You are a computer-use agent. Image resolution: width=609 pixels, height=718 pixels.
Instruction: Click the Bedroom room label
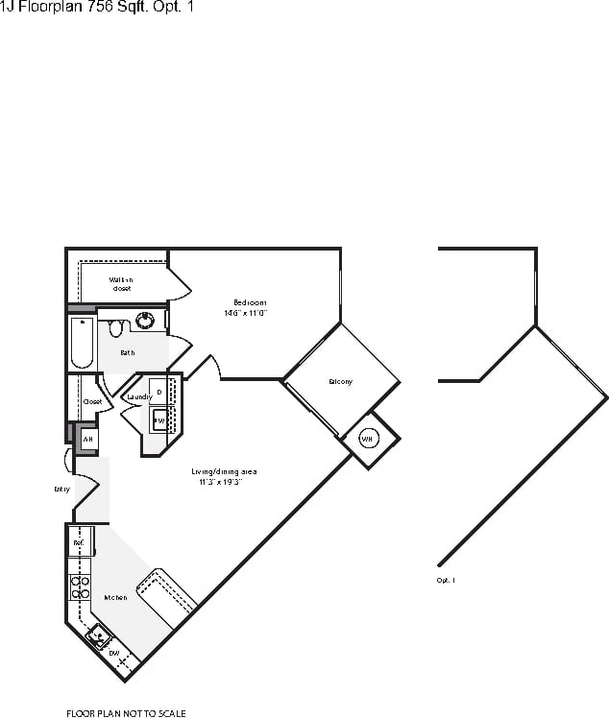[x=250, y=302]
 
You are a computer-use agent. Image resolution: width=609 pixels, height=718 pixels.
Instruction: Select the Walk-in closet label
[x=121, y=283]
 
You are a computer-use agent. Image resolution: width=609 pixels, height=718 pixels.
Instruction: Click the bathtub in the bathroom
[x=81, y=344]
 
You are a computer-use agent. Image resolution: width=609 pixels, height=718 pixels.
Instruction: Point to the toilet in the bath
[x=116, y=328]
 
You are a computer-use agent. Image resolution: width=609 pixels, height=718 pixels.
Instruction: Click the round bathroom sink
[x=146, y=321]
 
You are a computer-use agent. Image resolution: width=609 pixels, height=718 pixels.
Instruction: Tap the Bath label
[x=127, y=352]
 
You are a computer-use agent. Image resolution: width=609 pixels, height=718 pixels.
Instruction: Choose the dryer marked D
[x=159, y=392]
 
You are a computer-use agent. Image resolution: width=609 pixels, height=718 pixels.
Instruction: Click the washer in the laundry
[x=160, y=420]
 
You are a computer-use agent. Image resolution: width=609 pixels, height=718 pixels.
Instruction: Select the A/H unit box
[x=87, y=439]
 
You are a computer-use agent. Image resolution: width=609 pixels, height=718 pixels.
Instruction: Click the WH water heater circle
[x=366, y=439]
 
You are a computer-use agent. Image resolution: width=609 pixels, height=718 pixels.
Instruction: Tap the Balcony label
[x=340, y=382]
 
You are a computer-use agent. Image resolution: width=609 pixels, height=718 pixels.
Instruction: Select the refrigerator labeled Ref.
[x=79, y=543]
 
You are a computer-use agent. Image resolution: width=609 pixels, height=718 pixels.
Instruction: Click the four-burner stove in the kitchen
[x=80, y=586]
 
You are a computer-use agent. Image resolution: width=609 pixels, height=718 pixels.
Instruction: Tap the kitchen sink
[x=97, y=634]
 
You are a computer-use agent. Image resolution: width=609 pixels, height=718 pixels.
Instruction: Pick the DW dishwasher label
[x=113, y=653]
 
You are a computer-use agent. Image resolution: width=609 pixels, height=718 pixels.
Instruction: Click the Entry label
[x=62, y=489]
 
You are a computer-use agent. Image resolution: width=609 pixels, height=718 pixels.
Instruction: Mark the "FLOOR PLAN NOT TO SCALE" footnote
[x=125, y=713]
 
